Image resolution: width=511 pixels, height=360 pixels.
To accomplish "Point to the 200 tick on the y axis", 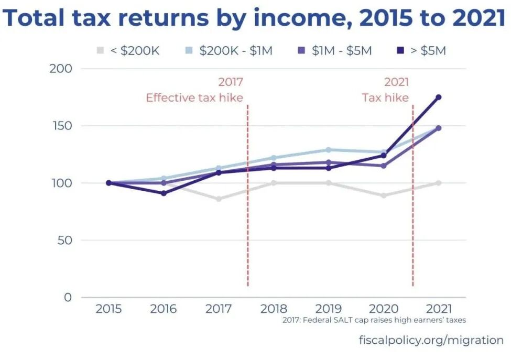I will pyautogui.click(x=62, y=69).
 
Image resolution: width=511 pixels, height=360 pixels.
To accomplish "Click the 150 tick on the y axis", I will pyautogui.click(x=62, y=126).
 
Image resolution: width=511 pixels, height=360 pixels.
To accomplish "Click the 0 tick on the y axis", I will pyautogui.click(x=68, y=297).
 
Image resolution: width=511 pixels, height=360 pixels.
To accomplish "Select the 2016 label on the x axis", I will pyautogui.click(x=164, y=309).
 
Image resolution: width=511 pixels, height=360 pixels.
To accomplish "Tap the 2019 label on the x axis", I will pyautogui.click(x=328, y=309).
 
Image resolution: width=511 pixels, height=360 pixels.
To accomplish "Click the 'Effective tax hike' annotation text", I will pyautogui.click(x=194, y=97).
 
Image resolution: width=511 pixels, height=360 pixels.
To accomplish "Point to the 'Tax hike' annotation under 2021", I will pyautogui.click(x=385, y=97).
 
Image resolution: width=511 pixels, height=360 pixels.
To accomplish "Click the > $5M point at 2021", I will pyautogui.click(x=438, y=97).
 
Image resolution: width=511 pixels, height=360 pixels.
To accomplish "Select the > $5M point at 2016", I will pyautogui.click(x=164, y=193).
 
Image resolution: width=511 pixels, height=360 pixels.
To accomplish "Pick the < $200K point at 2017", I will pyautogui.click(x=219, y=199).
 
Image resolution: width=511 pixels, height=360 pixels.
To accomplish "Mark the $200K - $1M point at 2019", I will pyautogui.click(x=328, y=150).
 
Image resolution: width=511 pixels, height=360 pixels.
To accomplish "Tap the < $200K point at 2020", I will pyautogui.click(x=383, y=195).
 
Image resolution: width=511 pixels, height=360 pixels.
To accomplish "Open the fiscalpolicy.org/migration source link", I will pyautogui.click(x=431, y=340).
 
